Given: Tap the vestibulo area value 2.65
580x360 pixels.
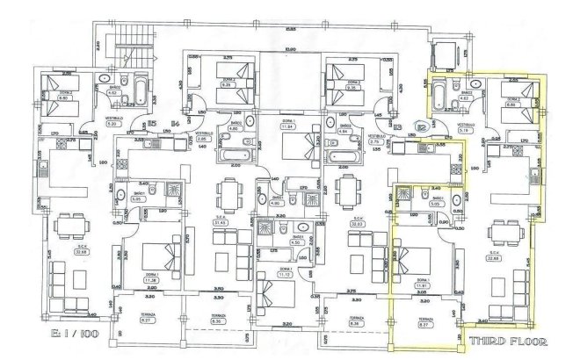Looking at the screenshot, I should [201, 139].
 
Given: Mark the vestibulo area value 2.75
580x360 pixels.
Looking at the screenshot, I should [373, 140].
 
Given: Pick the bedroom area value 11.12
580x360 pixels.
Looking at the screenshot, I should [283, 275].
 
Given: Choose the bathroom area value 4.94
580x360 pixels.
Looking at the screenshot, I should [344, 130].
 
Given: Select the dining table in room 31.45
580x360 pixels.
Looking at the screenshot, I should [229, 192].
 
